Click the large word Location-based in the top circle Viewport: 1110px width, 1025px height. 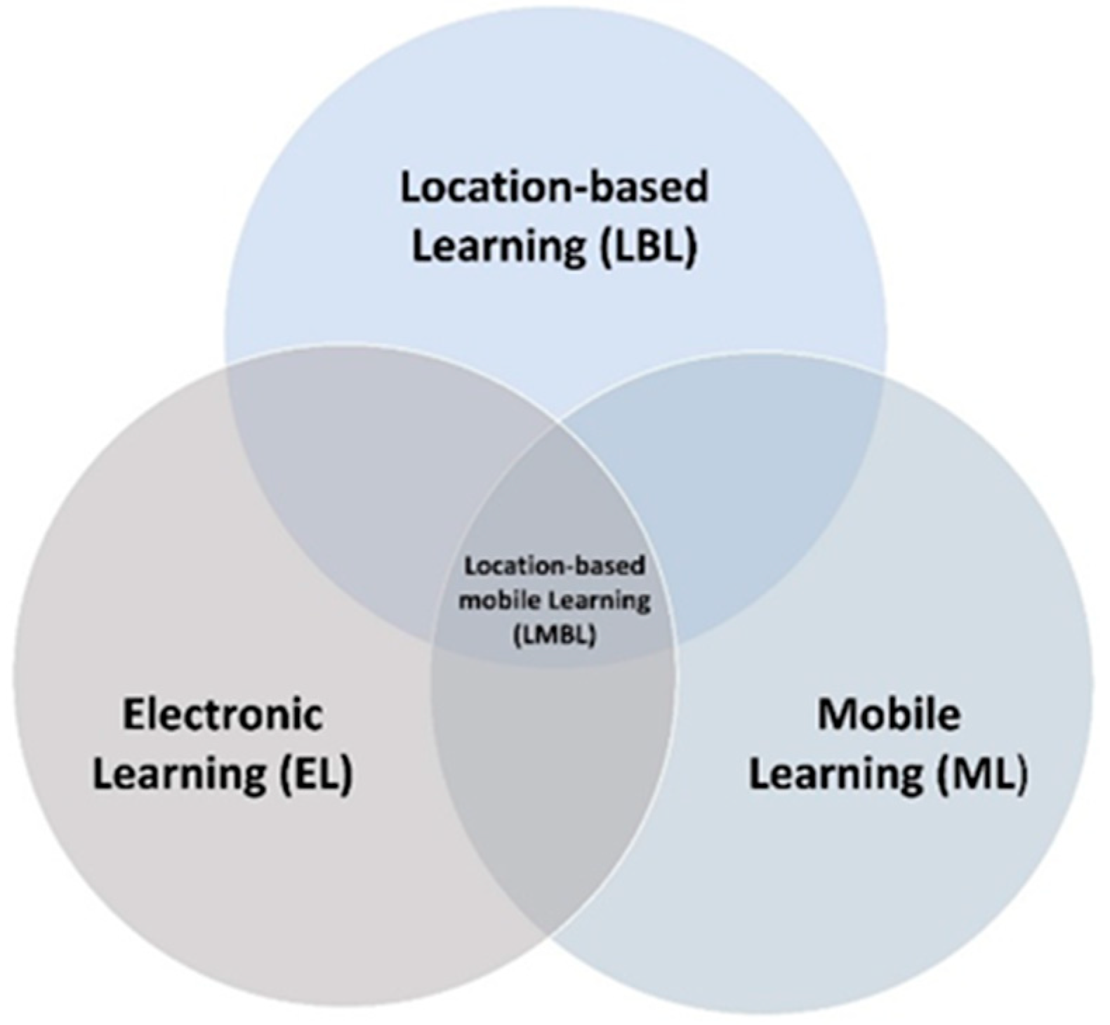tap(554, 187)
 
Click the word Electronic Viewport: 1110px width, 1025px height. tap(223, 715)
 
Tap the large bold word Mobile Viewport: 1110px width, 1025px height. tap(888, 715)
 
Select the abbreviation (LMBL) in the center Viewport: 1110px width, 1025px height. tap(555, 635)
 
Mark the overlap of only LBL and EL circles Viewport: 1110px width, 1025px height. tap(365, 491)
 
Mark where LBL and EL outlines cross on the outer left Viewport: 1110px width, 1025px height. tap(226, 365)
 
